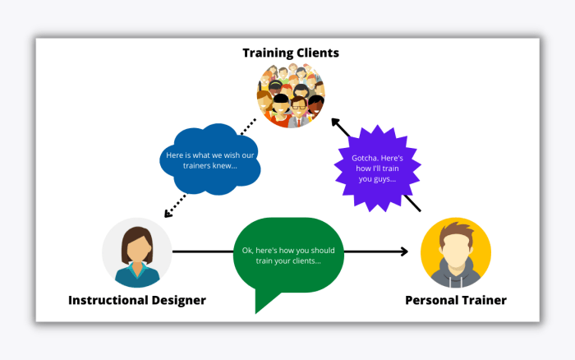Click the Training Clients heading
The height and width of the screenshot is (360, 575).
pyautogui.click(x=291, y=53)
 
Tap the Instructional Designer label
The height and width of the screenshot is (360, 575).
pyautogui.click(x=137, y=300)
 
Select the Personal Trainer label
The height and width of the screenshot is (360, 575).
pyautogui.click(x=456, y=300)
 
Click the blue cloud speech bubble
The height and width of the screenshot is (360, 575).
pyautogui.click(x=210, y=159)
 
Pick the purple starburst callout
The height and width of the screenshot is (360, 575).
pyautogui.click(x=377, y=168)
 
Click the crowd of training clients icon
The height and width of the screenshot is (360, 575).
pyautogui.click(x=291, y=95)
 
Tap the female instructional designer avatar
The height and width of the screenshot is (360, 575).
pyautogui.click(x=137, y=252)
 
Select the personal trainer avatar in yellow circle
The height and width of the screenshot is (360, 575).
pyautogui.click(x=456, y=252)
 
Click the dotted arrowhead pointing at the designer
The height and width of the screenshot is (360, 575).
pyautogui.click(x=168, y=214)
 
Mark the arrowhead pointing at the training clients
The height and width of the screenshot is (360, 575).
pyautogui.click(x=335, y=122)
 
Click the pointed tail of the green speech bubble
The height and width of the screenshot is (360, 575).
pyautogui.click(x=256, y=312)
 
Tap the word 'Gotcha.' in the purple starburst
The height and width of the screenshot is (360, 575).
pyautogui.click(x=365, y=158)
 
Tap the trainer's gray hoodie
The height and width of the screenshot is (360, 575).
pyautogui.click(x=456, y=275)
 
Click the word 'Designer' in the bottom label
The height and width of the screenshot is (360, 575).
pyautogui.click(x=178, y=300)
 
